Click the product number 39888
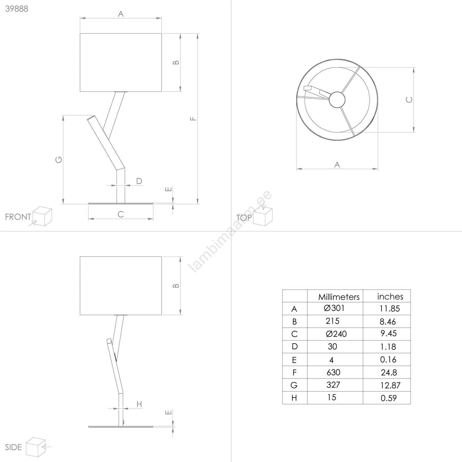[17, 9]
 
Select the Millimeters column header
[339, 297]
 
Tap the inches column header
[390, 297]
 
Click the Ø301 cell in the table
[334, 308]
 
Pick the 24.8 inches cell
[389, 372]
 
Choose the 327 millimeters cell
[333, 385]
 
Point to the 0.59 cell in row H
[389, 398]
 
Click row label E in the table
[294, 360]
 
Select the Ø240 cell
[336, 334]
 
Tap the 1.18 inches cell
[388, 347]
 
